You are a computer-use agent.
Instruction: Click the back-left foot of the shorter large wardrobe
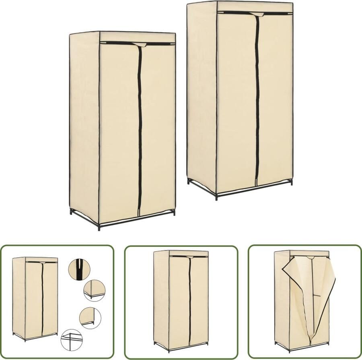(x=71, y=213)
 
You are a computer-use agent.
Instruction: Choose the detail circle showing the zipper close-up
(x=79, y=269)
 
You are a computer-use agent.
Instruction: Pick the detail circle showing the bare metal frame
(x=71, y=339)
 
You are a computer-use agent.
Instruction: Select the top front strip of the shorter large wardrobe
(x=137, y=37)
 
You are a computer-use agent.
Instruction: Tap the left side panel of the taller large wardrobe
(x=201, y=97)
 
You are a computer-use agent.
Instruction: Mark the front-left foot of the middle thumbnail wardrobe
(x=169, y=349)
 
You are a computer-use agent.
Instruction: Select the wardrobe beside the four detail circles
(x=35, y=298)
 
